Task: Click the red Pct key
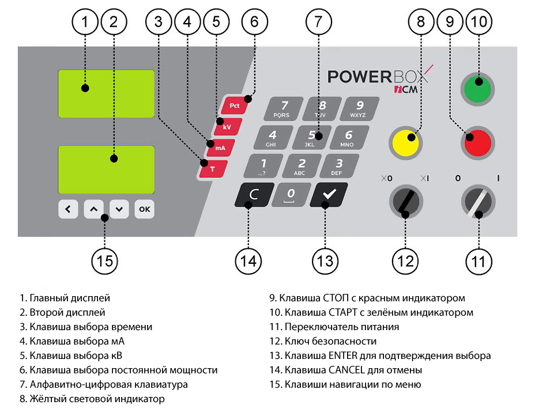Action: pos(234,106)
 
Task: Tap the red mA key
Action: pos(220,147)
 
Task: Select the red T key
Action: pos(212,169)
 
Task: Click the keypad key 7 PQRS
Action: pos(283,108)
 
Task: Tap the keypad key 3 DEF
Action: pos(339,166)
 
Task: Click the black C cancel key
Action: pos(251,195)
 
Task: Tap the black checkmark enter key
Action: pos(328,195)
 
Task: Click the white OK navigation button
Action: pos(144,209)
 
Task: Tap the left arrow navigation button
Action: pos(68,209)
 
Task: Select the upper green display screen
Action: pos(106,94)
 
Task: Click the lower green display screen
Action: pos(106,169)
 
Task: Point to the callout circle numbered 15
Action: pos(104,260)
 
